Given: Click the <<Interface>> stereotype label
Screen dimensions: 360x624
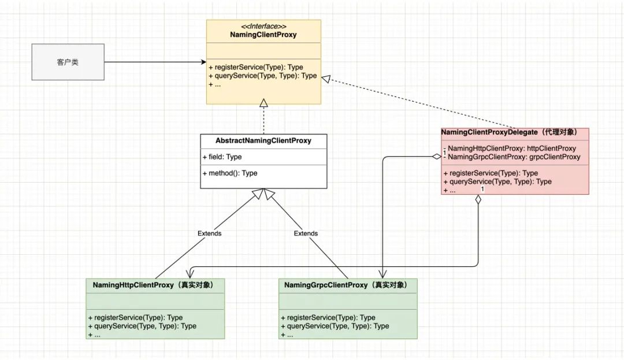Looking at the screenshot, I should (x=263, y=27).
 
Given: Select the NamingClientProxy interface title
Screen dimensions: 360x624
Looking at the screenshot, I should (x=263, y=35).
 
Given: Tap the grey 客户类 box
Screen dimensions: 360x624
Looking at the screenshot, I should (x=68, y=62).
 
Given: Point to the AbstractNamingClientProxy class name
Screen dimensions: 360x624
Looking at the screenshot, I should (x=263, y=140).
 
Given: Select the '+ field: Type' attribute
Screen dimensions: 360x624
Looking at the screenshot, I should (x=222, y=157).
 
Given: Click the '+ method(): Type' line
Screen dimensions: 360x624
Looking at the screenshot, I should (x=230, y=173).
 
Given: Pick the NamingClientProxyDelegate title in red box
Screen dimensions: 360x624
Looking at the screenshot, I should (x=509, y=132).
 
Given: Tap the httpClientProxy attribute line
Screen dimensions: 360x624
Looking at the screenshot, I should (x=512, y=149).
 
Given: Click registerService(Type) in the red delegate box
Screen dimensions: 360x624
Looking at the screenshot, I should (x=491, y=173).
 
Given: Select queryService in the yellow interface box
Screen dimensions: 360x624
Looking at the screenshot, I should (x=262, y=76).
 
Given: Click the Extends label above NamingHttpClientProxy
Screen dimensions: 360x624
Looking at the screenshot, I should (x=209, y=233).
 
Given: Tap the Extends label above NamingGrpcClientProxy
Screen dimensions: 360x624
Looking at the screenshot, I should (x=306, y=233).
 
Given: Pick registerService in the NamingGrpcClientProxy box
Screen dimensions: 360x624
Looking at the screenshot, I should (x=328, y=317).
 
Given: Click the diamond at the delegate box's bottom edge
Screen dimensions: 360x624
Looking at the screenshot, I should (x=478, y=200).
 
